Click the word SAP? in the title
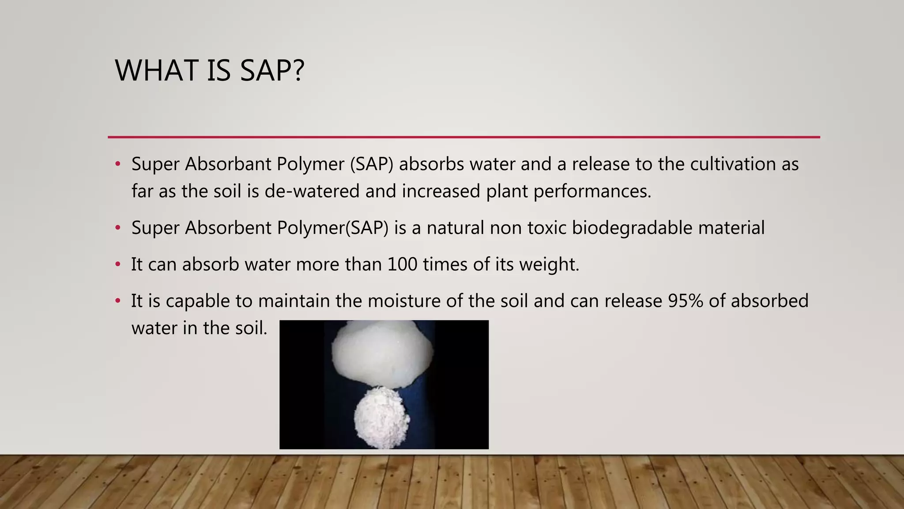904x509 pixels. [272, 71]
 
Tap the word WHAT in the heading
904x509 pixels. [156, 71]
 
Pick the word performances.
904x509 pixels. [592, 191]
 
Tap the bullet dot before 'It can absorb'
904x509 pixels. [117, 264]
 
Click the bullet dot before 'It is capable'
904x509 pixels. [117, 301]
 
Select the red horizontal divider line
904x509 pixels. [463, 137]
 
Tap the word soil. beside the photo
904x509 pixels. [252, 328]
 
